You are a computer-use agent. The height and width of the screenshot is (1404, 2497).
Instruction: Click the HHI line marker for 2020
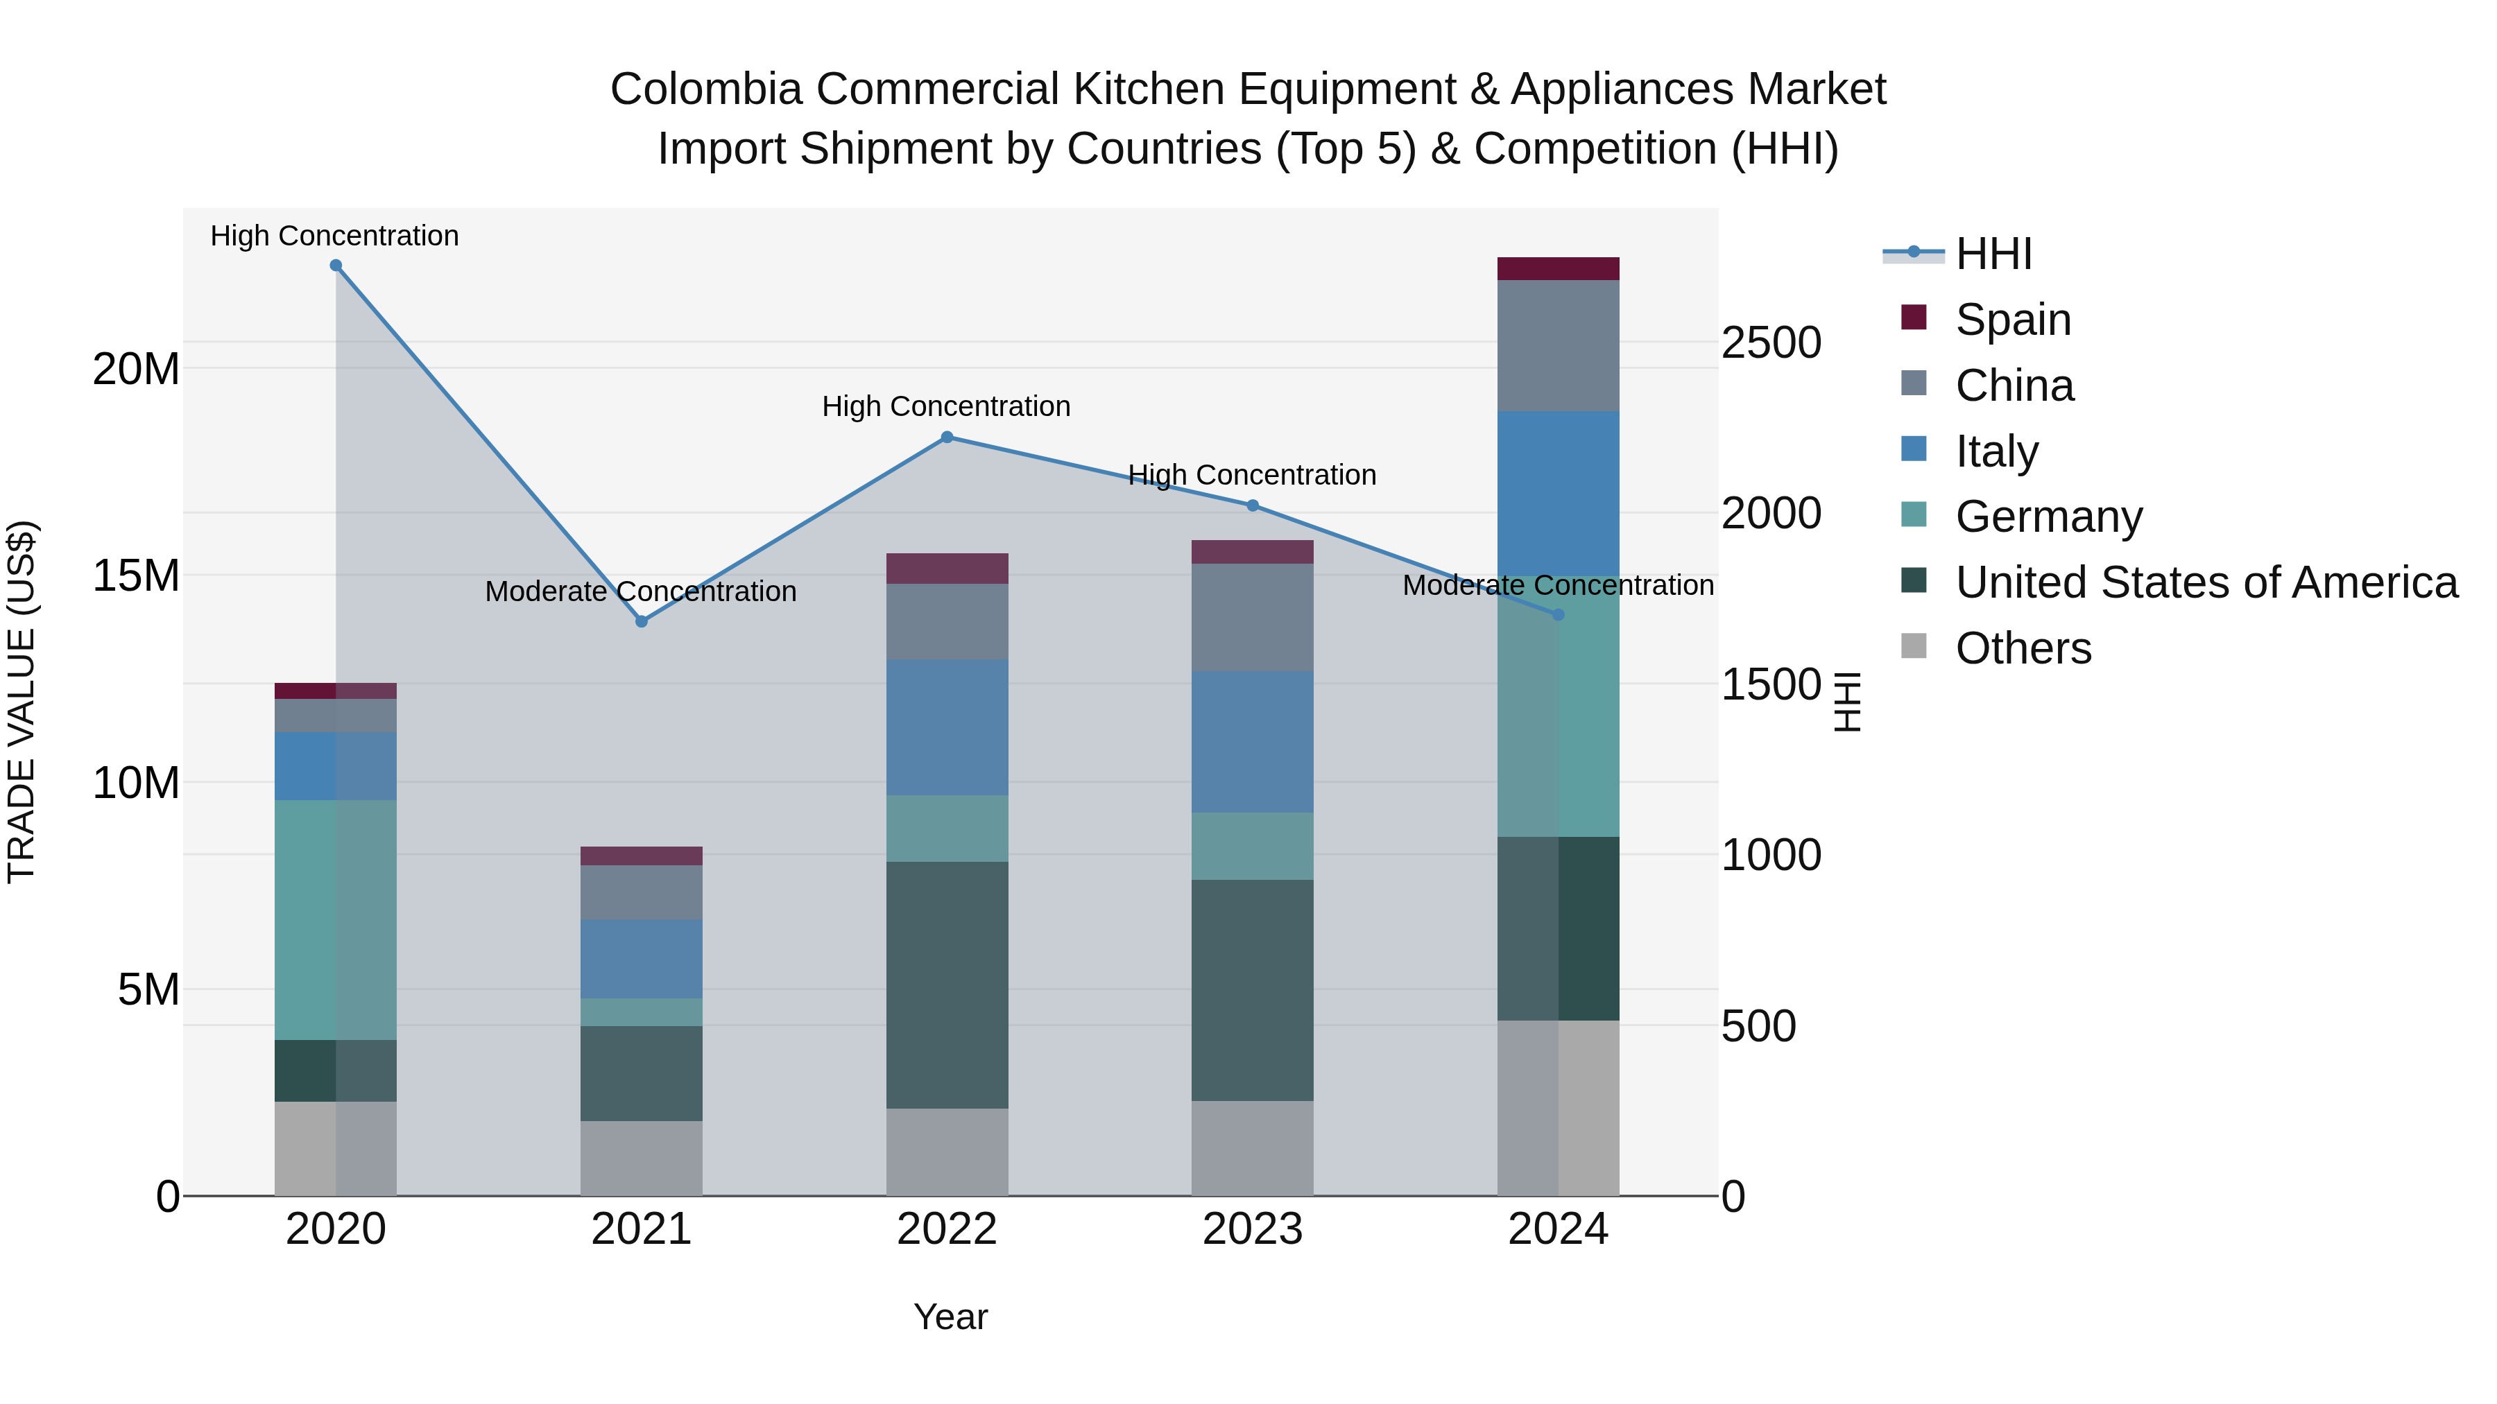pyautogui.click(x=336, y=266)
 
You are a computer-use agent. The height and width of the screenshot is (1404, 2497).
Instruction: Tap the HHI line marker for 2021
pyautogui.click(x=641, y=621)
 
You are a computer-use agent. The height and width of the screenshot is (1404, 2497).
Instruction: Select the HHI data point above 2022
pyautogui.click(x=947, y=437)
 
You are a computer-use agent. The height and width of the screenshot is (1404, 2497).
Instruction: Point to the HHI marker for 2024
pyautogui.click(x=1558, y=614)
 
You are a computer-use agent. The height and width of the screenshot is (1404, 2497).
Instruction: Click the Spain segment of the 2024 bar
pyautogui.click(x=1558, y=268)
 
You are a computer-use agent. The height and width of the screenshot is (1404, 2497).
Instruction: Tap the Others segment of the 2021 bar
pyautogui.click(x=641, y=1158)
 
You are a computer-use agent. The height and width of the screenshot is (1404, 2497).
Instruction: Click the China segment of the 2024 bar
pyautogui.click(x=1558, y=345)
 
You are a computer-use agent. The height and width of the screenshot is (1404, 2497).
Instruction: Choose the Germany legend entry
pyautogui.click(x=2048, y=517)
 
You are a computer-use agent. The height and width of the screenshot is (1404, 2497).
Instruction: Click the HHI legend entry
pyautogui.click(x=1992, y=254)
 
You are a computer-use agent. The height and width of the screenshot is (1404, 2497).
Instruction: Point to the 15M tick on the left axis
pyautogui.click(x=136, y=575)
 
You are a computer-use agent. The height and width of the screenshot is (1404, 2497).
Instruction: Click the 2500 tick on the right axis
pyautogui.click(x=1771, y=343)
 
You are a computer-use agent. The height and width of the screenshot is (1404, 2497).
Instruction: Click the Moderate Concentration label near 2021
pyautogui.click(x=641, y=591)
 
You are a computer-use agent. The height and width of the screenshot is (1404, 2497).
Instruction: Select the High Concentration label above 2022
pyautogui.click(x=946, y=406)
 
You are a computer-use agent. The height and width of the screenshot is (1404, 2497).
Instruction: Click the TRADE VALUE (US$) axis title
pyautogui.click(x=22, y=702)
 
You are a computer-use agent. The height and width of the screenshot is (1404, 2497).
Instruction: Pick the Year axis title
pyautogui.click(x=950, y=1317)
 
